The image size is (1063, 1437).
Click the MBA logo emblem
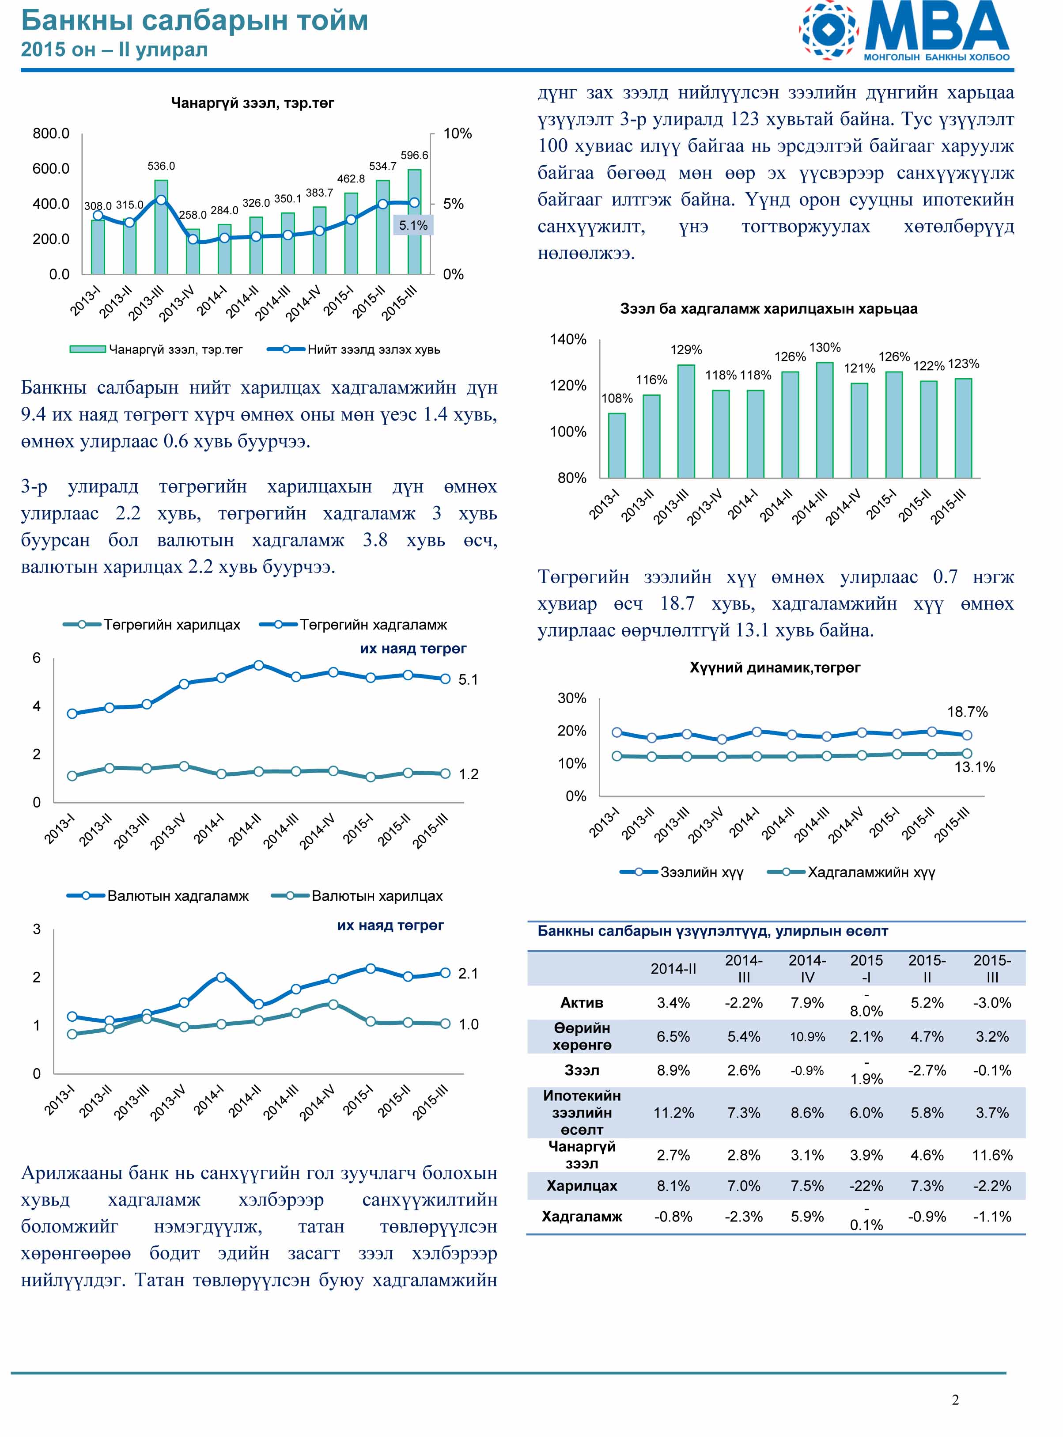829,30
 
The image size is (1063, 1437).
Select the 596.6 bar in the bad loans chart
414,222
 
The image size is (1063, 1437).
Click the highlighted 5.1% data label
413,225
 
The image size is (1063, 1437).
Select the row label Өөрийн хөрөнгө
582,1037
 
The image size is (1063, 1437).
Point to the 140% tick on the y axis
568,339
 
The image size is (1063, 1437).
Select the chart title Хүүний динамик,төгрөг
775,667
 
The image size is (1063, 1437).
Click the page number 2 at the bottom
956,1400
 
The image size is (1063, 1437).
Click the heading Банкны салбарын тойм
194,21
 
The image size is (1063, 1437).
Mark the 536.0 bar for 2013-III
161,227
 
